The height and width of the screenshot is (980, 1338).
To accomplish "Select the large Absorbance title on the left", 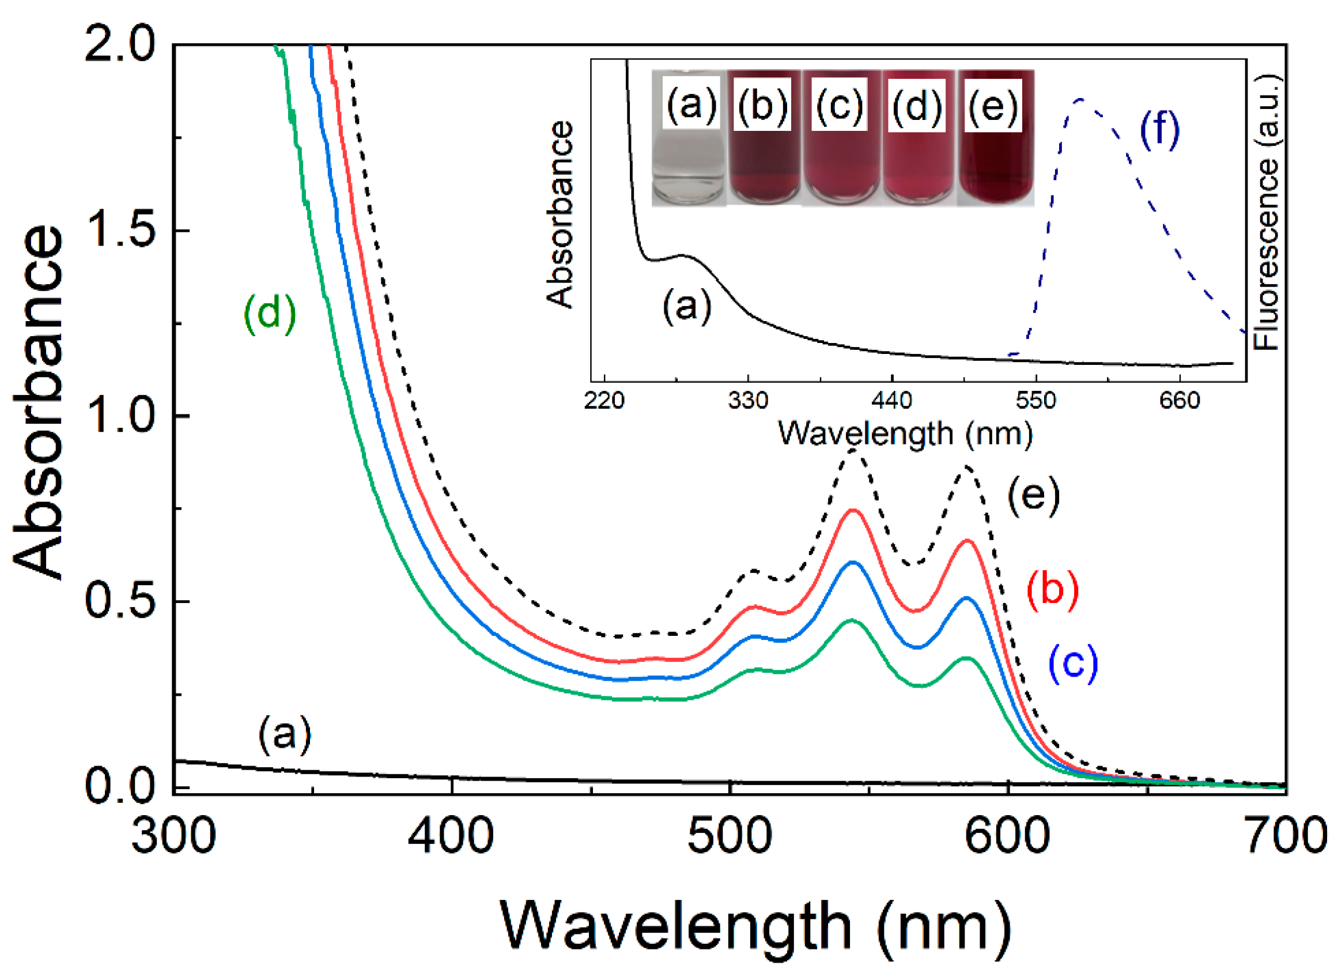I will point(39,404).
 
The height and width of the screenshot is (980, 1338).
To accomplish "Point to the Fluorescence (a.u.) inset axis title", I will point(1267,213).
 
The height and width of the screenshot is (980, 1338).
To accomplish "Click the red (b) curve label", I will point(1052,589).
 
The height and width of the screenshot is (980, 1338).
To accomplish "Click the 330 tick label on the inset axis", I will point(748,401).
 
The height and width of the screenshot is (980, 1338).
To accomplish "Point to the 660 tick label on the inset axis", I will point(1180,401).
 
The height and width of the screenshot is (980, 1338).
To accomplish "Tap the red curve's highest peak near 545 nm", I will point(853,510).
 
